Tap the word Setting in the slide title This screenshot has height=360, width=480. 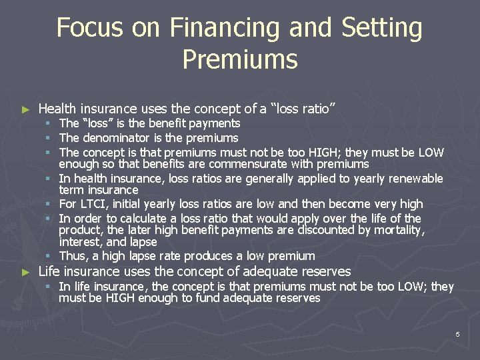coord(381,28)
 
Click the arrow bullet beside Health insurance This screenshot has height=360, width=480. coord(26,109)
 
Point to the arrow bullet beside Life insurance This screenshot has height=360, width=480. coord(26,272)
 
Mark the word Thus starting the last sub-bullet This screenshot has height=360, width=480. coord(72,256)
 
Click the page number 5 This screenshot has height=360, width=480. coord(457,334)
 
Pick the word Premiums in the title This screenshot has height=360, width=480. coord(239,59)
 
